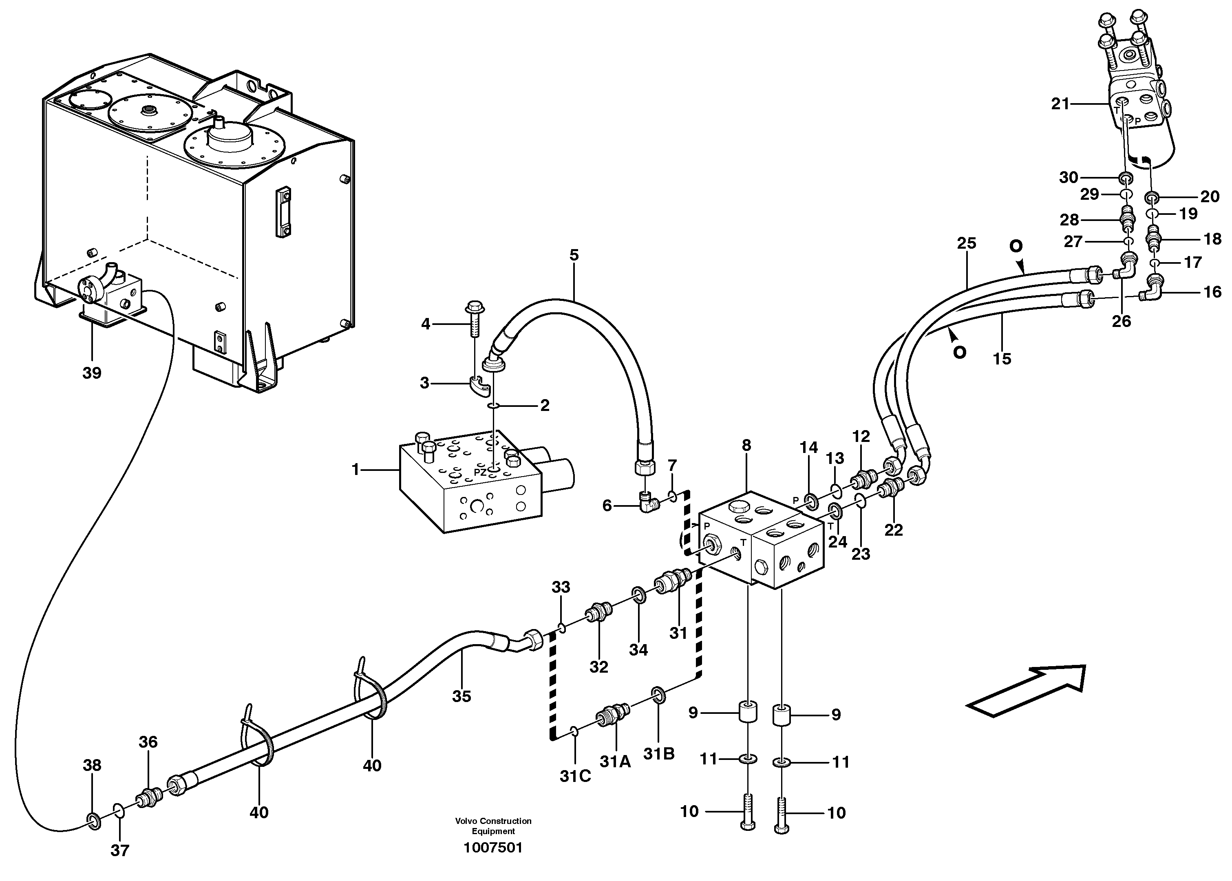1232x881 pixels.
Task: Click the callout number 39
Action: (92, 373)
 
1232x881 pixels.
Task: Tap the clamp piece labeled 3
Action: (479, 386)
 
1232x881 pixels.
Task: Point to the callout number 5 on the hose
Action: (574, 255)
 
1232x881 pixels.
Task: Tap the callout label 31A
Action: (615, 762)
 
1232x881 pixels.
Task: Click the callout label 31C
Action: (575, 776)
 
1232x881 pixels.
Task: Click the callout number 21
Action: (1060, 104)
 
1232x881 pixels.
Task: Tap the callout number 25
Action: (966, 243)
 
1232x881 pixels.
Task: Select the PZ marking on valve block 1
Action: (479, 472)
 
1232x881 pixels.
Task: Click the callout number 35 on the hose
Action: (461, 696)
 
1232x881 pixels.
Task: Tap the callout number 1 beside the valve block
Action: (355, 469)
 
